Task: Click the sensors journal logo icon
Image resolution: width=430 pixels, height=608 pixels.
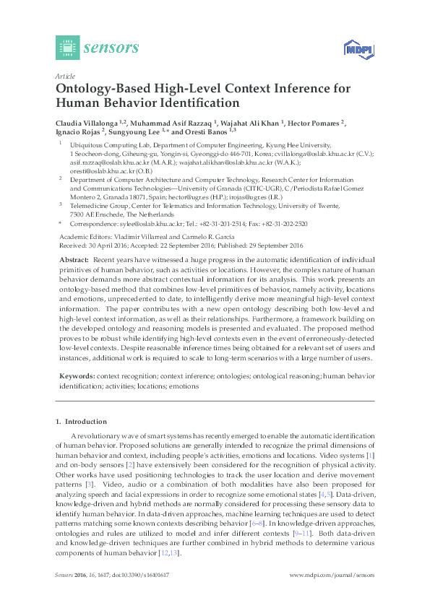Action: coord(67,48)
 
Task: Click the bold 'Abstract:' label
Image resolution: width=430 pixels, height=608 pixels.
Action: coord(74,259)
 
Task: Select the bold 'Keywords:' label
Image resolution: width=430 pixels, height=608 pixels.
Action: coord(76,376)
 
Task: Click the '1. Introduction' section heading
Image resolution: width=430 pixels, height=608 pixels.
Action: coord(81,421)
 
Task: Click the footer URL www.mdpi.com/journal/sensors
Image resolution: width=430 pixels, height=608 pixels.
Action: coord(332,576)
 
